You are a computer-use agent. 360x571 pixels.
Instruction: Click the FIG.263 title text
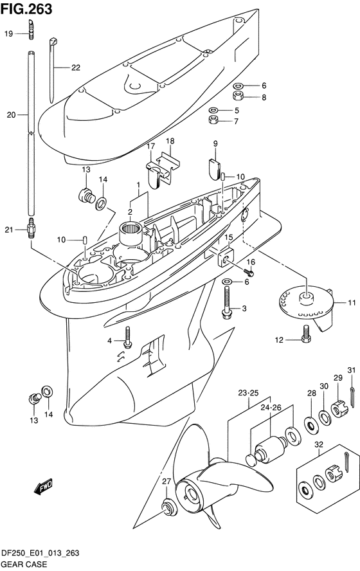tap(26, 9)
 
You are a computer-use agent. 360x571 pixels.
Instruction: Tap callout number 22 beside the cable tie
tap(76, 68)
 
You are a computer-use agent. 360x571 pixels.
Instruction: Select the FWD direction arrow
tap(43, 487)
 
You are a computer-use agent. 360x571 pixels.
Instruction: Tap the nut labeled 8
tap(238, 96)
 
